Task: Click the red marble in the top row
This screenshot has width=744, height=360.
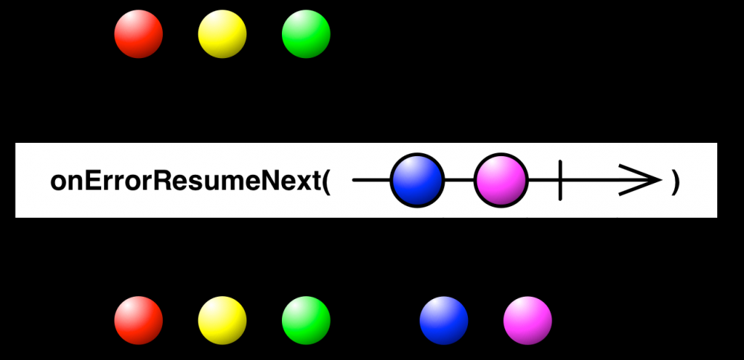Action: [138, 34]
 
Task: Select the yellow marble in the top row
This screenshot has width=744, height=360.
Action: [222, 34]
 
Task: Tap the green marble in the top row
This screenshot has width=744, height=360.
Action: [306, 34]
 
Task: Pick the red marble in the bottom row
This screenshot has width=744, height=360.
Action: [138, 321]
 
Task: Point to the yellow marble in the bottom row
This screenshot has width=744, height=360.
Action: [222, 321]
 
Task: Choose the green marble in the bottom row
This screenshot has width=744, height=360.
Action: [306, 321]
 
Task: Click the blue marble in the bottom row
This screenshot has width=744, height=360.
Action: [443, 321]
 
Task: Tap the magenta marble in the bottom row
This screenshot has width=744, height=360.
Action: [527, 321]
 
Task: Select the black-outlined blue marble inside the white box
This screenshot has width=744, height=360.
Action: [417, 180]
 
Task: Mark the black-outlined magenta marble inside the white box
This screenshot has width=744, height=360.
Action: [501, 180]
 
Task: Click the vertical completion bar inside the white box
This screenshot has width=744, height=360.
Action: [560, 180]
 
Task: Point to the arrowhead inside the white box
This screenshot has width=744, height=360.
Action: [641, 180]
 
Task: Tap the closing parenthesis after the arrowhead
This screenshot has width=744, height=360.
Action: [676, 182]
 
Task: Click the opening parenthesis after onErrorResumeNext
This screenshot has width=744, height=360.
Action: [326, 182]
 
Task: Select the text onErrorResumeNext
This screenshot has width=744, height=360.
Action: [185, 181]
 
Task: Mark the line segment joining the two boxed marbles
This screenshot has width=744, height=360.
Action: [459, 180]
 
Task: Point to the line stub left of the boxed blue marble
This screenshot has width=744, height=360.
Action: [371, 180]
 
